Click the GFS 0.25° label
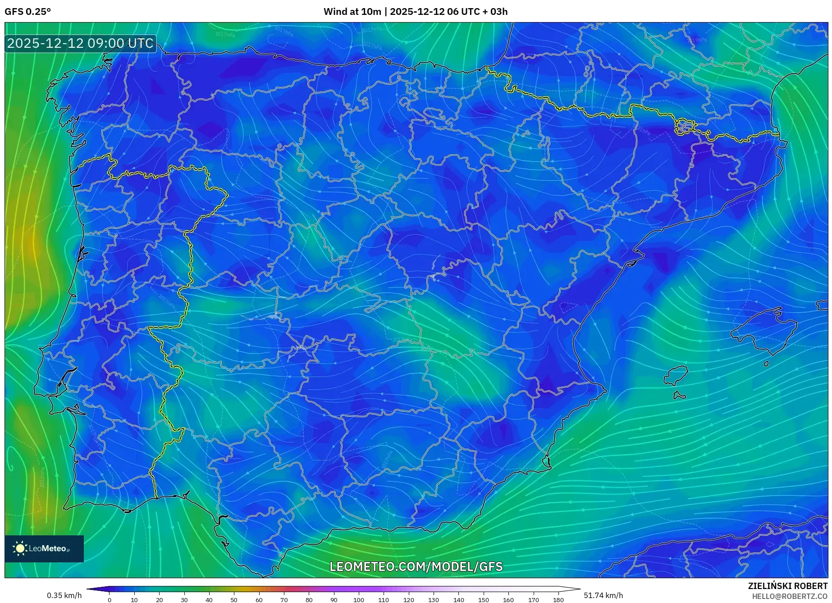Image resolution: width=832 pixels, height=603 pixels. coord(27,12)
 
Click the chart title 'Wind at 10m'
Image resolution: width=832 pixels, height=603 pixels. coord(352,12)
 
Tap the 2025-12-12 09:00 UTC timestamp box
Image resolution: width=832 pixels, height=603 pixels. coord(81,44)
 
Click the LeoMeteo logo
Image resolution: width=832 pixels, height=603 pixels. coord(44,548)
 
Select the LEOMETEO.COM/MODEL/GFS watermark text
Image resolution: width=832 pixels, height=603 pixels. coord(416,566)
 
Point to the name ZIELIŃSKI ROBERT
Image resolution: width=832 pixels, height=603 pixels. coord(787,586)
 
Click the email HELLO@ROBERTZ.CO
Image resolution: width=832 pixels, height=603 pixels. coord(789,596)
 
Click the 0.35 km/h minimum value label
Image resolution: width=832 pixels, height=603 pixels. coord(64,595)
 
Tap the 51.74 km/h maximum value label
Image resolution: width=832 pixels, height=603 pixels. coord(603,595)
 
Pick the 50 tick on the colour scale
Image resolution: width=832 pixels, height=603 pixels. coord(234,600)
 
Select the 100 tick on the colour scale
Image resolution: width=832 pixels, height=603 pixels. coord(359,600)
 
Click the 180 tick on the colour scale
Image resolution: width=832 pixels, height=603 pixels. coord(558,600)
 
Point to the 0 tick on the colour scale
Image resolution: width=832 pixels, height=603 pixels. coord(110,600)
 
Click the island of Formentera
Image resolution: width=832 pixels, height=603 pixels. coord(679,396)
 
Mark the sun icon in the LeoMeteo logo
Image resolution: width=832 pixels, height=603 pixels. coord(20,548)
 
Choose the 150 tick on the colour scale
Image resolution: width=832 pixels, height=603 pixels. coord(484,600)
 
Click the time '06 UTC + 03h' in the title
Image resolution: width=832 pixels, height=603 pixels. coord(478,12)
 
